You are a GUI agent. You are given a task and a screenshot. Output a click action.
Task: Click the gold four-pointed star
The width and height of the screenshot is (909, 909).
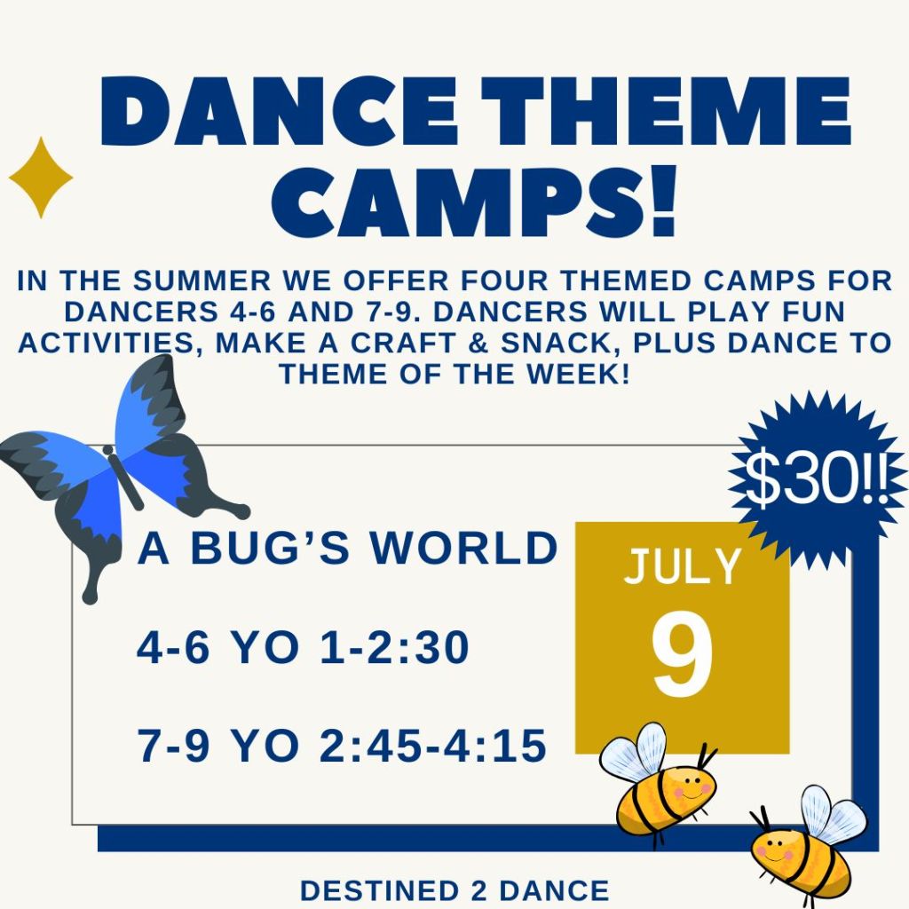pos(41,178)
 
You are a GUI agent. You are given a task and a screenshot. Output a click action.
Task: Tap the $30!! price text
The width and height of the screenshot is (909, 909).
pos(817,479)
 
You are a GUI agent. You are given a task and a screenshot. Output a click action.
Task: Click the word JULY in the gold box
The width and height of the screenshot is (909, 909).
pos(683,566)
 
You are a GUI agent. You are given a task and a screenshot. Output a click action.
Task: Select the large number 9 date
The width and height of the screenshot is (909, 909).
pos(682,654)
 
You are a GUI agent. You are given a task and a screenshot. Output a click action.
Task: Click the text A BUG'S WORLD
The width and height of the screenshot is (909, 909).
pos(347,548)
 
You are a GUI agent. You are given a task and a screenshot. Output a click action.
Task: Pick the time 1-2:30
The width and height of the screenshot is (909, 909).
pos(394,647)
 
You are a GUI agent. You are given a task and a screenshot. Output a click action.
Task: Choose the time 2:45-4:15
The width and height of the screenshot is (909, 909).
pos(432,745)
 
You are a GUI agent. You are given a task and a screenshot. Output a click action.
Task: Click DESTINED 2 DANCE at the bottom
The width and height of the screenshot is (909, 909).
pos(454,890)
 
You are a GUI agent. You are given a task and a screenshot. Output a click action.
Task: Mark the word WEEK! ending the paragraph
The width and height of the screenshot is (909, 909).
pos(578,374)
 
